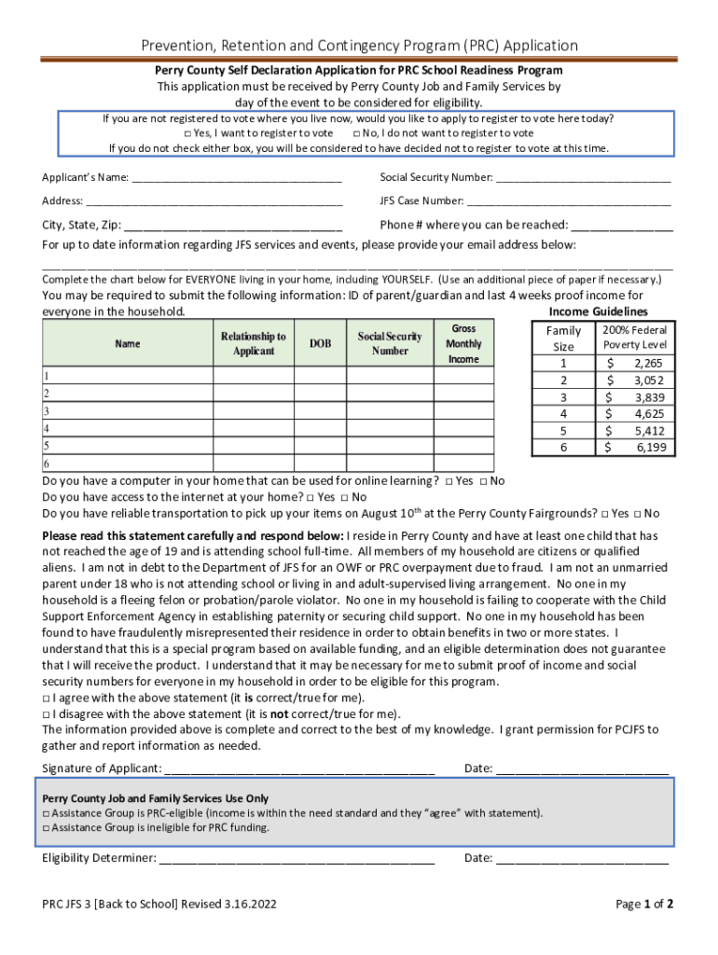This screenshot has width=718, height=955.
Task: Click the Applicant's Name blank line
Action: click(x=237, y=179)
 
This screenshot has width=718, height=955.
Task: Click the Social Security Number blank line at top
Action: click(x=583, y=179)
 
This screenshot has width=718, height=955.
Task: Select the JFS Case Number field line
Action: click(x=569, y=202)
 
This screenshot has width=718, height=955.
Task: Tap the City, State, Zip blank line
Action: click(x=233, y=227)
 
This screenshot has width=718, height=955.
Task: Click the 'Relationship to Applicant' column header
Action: click(x=253, y=343)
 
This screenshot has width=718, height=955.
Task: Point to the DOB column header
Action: click(x=320, y=343)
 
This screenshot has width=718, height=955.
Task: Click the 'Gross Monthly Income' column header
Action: click(x=463, y=343)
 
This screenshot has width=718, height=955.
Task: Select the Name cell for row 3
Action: click(x=128, y=410)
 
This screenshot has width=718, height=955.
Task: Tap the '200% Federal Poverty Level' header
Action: click(x=634, y=337)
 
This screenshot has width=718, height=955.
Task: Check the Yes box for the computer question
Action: click(x=449, y=481)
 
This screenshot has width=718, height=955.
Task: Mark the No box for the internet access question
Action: click(x=345, y=497)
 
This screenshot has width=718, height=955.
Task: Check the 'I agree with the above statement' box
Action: click(x=47, y=698)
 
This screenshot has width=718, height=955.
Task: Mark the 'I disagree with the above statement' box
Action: click(x=47, y=713)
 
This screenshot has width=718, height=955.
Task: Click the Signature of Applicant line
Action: click(x=298, y=770)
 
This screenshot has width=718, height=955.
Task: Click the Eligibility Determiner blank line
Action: click(x=297, y=860)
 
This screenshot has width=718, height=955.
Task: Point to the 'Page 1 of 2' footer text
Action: click(x=644, y=904)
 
